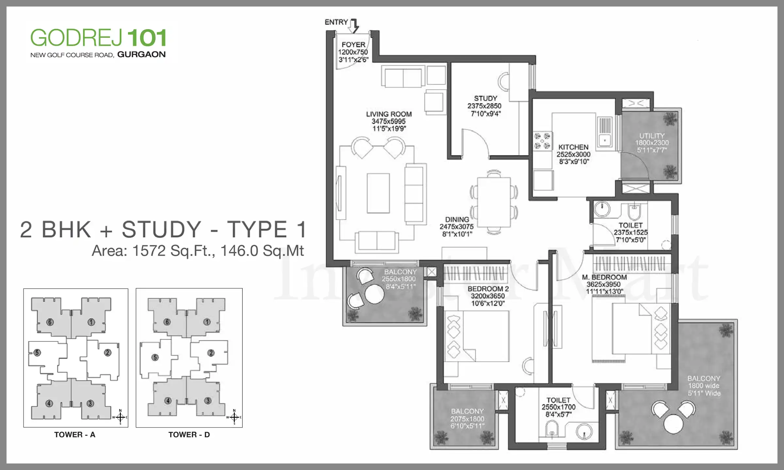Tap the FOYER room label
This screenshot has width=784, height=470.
[353, 44]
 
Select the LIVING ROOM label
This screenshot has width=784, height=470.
[389, 114]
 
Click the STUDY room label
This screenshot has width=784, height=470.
[485, 98]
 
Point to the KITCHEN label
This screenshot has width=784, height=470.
[573, 147]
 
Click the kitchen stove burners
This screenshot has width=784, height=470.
[542, 141]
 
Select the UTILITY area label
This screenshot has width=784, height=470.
[652, 135]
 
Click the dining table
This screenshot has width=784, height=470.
[494, 202]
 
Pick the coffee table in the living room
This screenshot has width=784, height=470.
[378, 193]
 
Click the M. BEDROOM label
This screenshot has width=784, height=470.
[604, 277]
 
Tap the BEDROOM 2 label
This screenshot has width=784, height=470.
[488, 289]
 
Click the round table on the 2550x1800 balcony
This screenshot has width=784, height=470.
[374, 294]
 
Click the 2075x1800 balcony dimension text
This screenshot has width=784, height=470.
[467, 419]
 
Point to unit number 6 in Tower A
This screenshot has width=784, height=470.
[50, 322]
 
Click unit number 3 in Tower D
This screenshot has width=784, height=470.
[208, 400]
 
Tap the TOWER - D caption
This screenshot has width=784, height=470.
[189, 435]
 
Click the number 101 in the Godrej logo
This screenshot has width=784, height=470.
[147, 38]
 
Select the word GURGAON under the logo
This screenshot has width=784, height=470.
[141, 55]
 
